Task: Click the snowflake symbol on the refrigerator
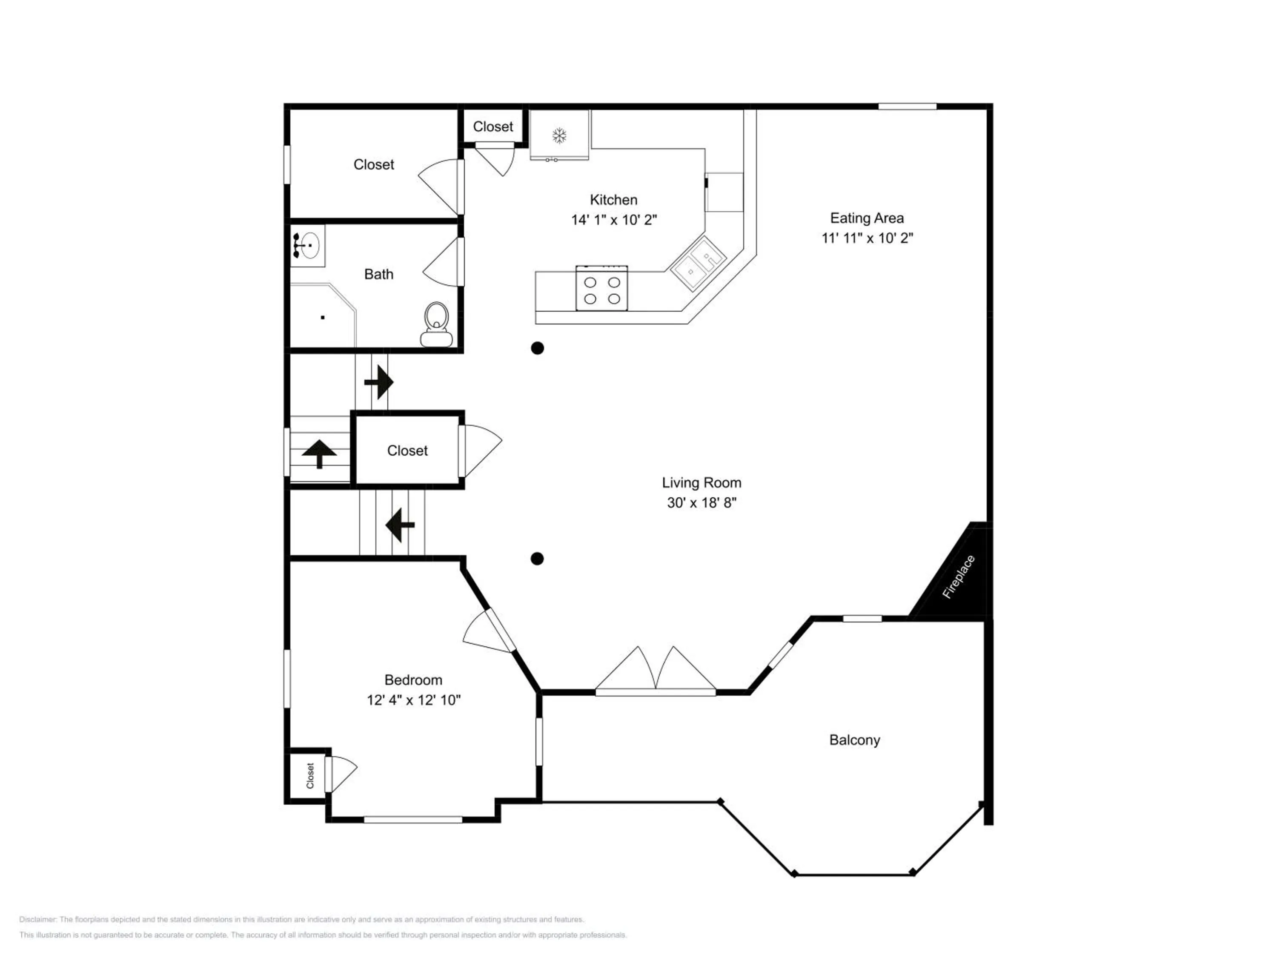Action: (x=559, y=136)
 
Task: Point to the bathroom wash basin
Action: (x=307, y=245)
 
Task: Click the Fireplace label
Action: (x=959, y=577)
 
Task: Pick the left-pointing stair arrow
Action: (x=400, y=525)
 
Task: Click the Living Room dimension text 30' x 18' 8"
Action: (x=701, y=502)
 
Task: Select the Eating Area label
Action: (x=867, y=218)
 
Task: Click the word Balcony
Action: (x=854, y=740)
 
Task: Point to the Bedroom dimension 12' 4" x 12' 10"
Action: (x=413, y=700)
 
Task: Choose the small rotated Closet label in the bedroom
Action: (x=310, y=775)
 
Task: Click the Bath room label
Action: (x=379, y=274)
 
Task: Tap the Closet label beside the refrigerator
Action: (x=492, y=126)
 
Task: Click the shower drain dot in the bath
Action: (x=323, y=318)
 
